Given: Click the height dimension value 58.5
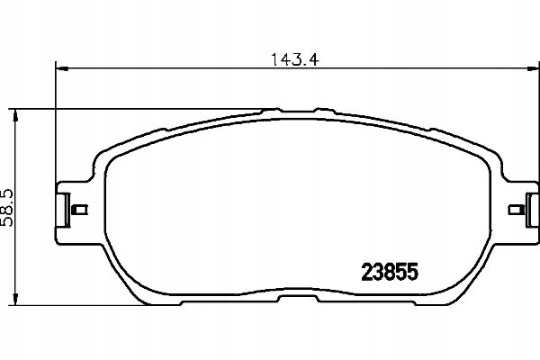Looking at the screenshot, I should (13, 208).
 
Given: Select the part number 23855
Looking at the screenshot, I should (391, 269).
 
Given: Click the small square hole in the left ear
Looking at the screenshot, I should (78, 211).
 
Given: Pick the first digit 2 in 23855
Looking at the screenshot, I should (368, 269).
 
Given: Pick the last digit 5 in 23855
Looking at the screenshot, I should (416, 269).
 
